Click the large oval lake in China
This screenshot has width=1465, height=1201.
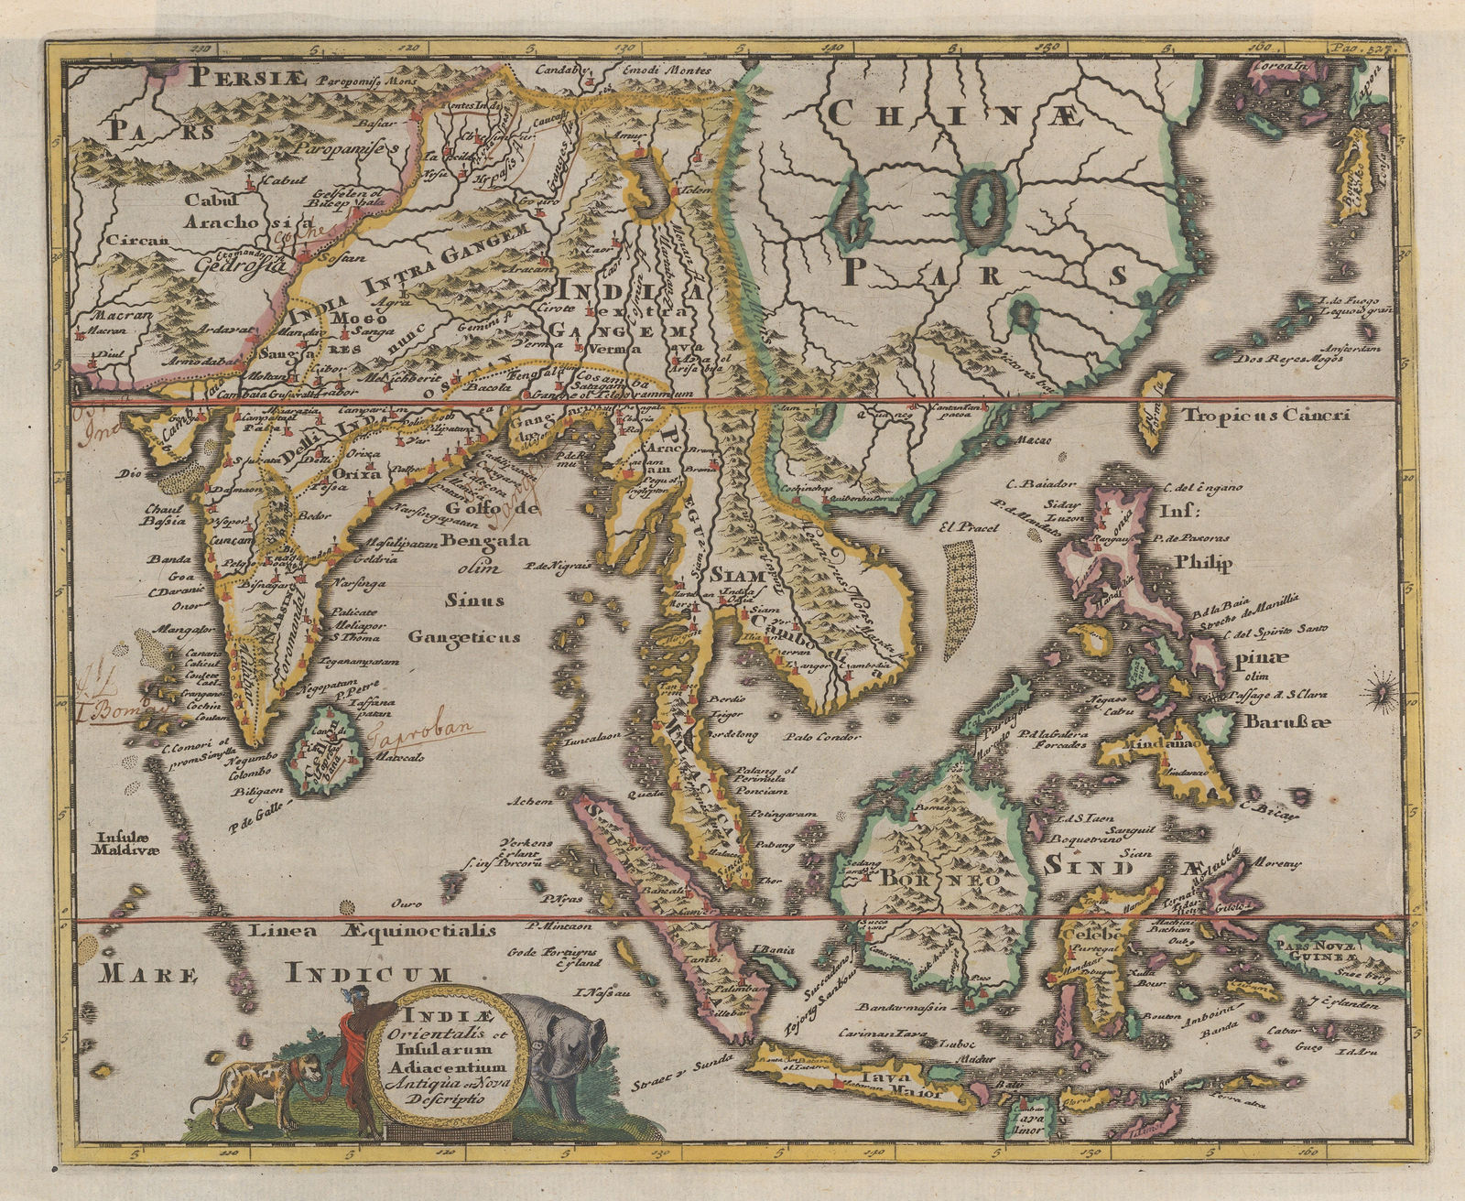pos(980,203)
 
